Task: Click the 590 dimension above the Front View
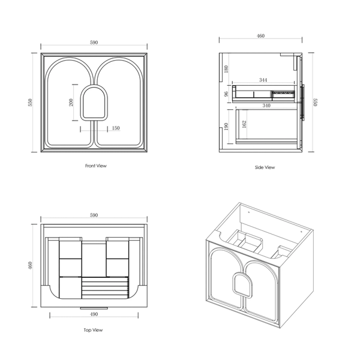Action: (x=94, y=43)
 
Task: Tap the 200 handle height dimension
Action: (x=71, y=102)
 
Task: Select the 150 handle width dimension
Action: (x=116, y=128)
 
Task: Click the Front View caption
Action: (x=96, y=166)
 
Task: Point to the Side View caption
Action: (x=265, y=167)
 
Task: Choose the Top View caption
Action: (x=93, y=330)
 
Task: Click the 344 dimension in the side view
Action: (x=263, y=80)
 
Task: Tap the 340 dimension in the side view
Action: (x=266, y=106)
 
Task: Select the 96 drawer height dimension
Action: (x=226, y=94)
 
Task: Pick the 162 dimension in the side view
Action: (x=244, y=124)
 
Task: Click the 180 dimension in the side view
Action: (x=226, y=69)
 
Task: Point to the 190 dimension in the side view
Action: (x=226, y=126)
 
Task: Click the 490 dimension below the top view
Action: (x=94, y=314)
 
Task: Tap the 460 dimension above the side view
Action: (x=260, y=36)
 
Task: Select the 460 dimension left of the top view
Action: (x=31, y=265)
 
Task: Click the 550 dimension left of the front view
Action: (x=31, y=103)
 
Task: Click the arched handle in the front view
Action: (x=82, y=103)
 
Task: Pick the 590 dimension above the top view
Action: (x=94, y=215)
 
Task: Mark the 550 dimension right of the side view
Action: (x=315, y=103)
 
